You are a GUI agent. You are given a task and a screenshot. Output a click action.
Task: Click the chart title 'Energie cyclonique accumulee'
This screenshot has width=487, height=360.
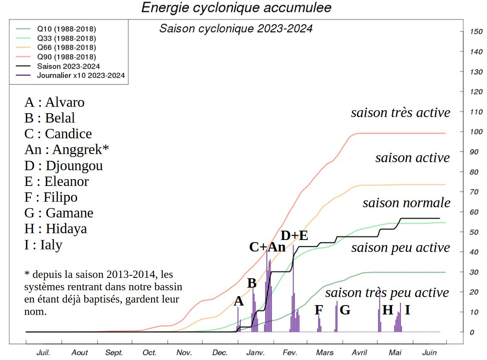pos(236,8)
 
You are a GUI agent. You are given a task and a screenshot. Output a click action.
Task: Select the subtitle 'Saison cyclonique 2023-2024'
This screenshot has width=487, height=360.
pos(236,29)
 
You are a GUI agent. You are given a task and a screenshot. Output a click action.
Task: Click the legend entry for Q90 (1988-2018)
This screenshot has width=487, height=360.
pos(66,57)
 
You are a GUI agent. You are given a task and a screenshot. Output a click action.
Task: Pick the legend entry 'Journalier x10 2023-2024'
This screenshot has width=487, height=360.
pos(81,76)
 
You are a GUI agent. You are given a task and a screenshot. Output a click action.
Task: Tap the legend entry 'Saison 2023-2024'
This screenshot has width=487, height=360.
pos(69,66)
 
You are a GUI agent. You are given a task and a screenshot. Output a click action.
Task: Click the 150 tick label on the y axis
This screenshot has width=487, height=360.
pos(476,32)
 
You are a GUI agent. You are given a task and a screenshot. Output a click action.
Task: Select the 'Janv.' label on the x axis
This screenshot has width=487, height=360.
pos(255,352)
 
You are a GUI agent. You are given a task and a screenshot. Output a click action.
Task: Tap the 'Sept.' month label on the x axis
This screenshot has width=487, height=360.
pos(114,352)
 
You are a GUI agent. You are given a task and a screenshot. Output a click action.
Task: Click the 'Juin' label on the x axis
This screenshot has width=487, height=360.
pos(429,352)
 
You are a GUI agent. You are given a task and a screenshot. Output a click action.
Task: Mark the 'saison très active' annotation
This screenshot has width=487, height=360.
pos(400,113)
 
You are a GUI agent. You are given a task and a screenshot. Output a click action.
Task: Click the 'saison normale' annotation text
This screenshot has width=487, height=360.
pos(406,203)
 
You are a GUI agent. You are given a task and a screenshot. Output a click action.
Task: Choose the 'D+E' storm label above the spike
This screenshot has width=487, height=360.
pos(294,235)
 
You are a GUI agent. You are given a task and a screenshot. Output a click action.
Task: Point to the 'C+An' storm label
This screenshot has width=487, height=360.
pos(267,247)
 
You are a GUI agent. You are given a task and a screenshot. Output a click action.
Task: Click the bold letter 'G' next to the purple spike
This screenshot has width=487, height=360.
pos(345,310)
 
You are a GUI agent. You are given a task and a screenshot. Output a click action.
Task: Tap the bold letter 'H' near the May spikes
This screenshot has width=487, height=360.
pos(387,310)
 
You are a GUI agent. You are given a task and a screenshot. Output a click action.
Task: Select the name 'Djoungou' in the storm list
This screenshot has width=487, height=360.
pos(74,166)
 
